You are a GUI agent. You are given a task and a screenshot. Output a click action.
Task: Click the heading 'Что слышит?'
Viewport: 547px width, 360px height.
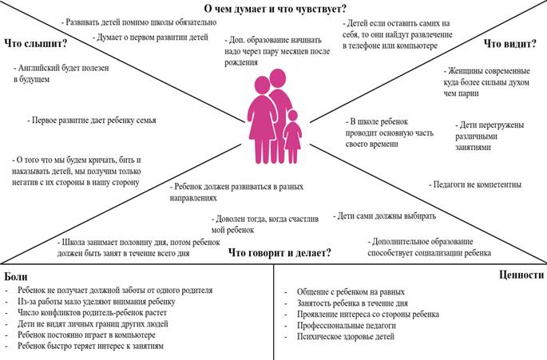pos(36,44)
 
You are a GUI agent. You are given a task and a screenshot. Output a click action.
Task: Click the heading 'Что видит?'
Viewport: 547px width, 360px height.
pos(510,44)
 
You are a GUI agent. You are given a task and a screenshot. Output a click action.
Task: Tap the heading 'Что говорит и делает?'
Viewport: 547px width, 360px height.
pos(279,252)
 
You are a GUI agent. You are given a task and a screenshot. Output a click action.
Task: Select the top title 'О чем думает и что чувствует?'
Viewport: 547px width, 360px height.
pos(275,9)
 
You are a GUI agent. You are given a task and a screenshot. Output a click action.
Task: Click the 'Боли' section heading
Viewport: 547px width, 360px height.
pos(16,277)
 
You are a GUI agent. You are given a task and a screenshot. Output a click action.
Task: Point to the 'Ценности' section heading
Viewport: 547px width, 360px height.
pos(521,275)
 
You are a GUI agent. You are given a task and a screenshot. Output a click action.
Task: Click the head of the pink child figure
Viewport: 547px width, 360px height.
pos(293,116)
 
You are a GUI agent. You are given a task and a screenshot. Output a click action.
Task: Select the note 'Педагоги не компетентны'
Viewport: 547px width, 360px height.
pos(475,184)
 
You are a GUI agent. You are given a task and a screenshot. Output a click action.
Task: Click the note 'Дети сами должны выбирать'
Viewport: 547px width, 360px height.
pos(384,216)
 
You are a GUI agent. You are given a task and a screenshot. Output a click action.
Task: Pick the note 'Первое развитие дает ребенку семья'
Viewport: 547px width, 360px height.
pos(92,121)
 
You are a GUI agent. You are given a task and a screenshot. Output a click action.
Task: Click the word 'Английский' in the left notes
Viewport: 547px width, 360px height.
pos(38,68)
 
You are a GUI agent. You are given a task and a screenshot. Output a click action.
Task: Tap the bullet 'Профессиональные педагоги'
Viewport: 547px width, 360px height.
pos(347,326)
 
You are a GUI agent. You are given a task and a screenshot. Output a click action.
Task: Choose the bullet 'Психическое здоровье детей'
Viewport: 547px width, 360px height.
pos(346,337)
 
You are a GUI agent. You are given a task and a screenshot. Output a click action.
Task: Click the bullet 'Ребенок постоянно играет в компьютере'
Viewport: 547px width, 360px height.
pos(86,335)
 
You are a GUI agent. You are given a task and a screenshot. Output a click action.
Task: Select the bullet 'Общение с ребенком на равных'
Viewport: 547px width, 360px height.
pos(351,292)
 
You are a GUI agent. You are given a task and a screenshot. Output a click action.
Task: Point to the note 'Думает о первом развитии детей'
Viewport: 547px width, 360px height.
pos(151,38)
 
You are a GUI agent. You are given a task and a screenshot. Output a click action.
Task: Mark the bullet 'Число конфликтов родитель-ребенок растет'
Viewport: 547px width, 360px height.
pos(92,313)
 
